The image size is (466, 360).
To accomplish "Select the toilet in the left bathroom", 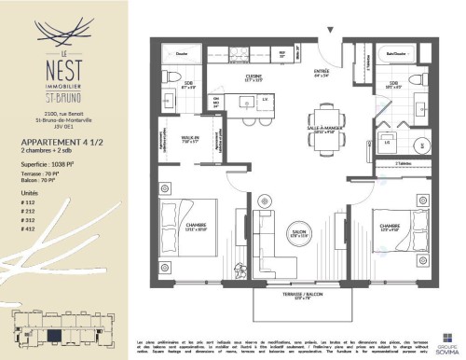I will pos(169,98).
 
